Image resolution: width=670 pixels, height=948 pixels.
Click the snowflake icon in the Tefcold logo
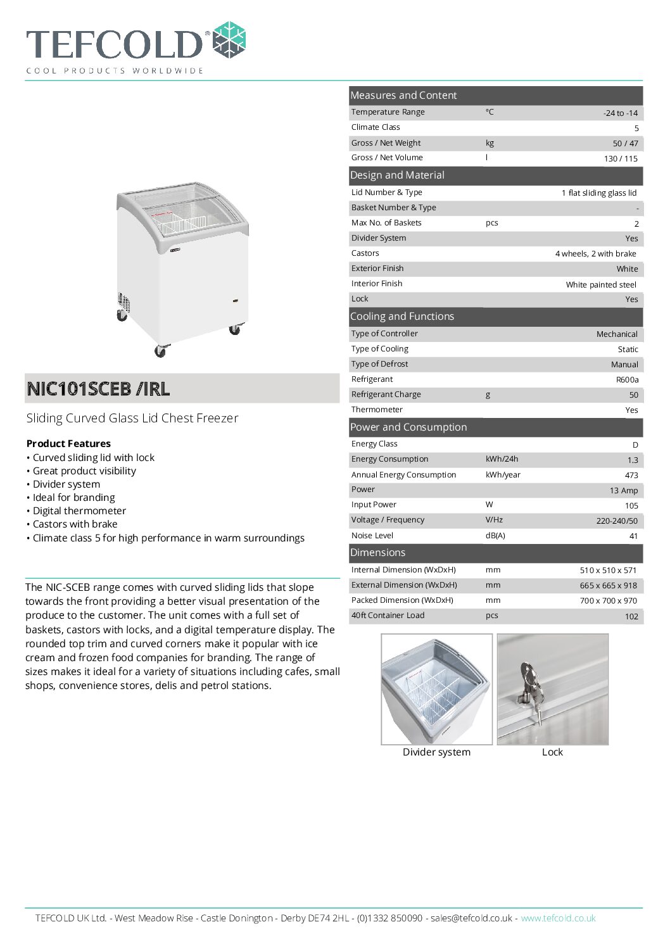point(229,40)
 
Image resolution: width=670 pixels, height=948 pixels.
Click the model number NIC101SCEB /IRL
point(98,388)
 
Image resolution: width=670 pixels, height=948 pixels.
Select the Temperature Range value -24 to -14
point(620,113)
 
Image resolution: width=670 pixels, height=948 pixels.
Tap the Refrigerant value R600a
point(627,380)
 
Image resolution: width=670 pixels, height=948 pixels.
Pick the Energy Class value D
point(635,445)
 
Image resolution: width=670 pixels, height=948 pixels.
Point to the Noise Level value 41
point(633,536)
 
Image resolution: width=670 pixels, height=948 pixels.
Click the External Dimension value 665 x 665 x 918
point(608,586)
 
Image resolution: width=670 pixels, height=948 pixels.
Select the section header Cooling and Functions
point(402,317)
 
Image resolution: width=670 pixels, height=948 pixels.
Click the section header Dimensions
point(378,553)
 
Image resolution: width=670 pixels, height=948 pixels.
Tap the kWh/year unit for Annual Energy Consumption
point(503,475)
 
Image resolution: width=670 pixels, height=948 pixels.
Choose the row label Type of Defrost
point(380,364)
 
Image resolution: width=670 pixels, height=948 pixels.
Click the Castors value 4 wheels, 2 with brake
point(595,254)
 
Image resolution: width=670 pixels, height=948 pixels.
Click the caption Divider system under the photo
point(436,752)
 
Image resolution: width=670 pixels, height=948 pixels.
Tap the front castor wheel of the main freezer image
point(161,350)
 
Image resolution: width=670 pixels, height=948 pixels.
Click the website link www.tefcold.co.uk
point(558,918)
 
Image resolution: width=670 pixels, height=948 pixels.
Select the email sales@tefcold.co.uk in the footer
point(471,918)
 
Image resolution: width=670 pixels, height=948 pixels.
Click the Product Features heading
point(68,444)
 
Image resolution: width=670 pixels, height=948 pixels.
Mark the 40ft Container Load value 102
point(631,617)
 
